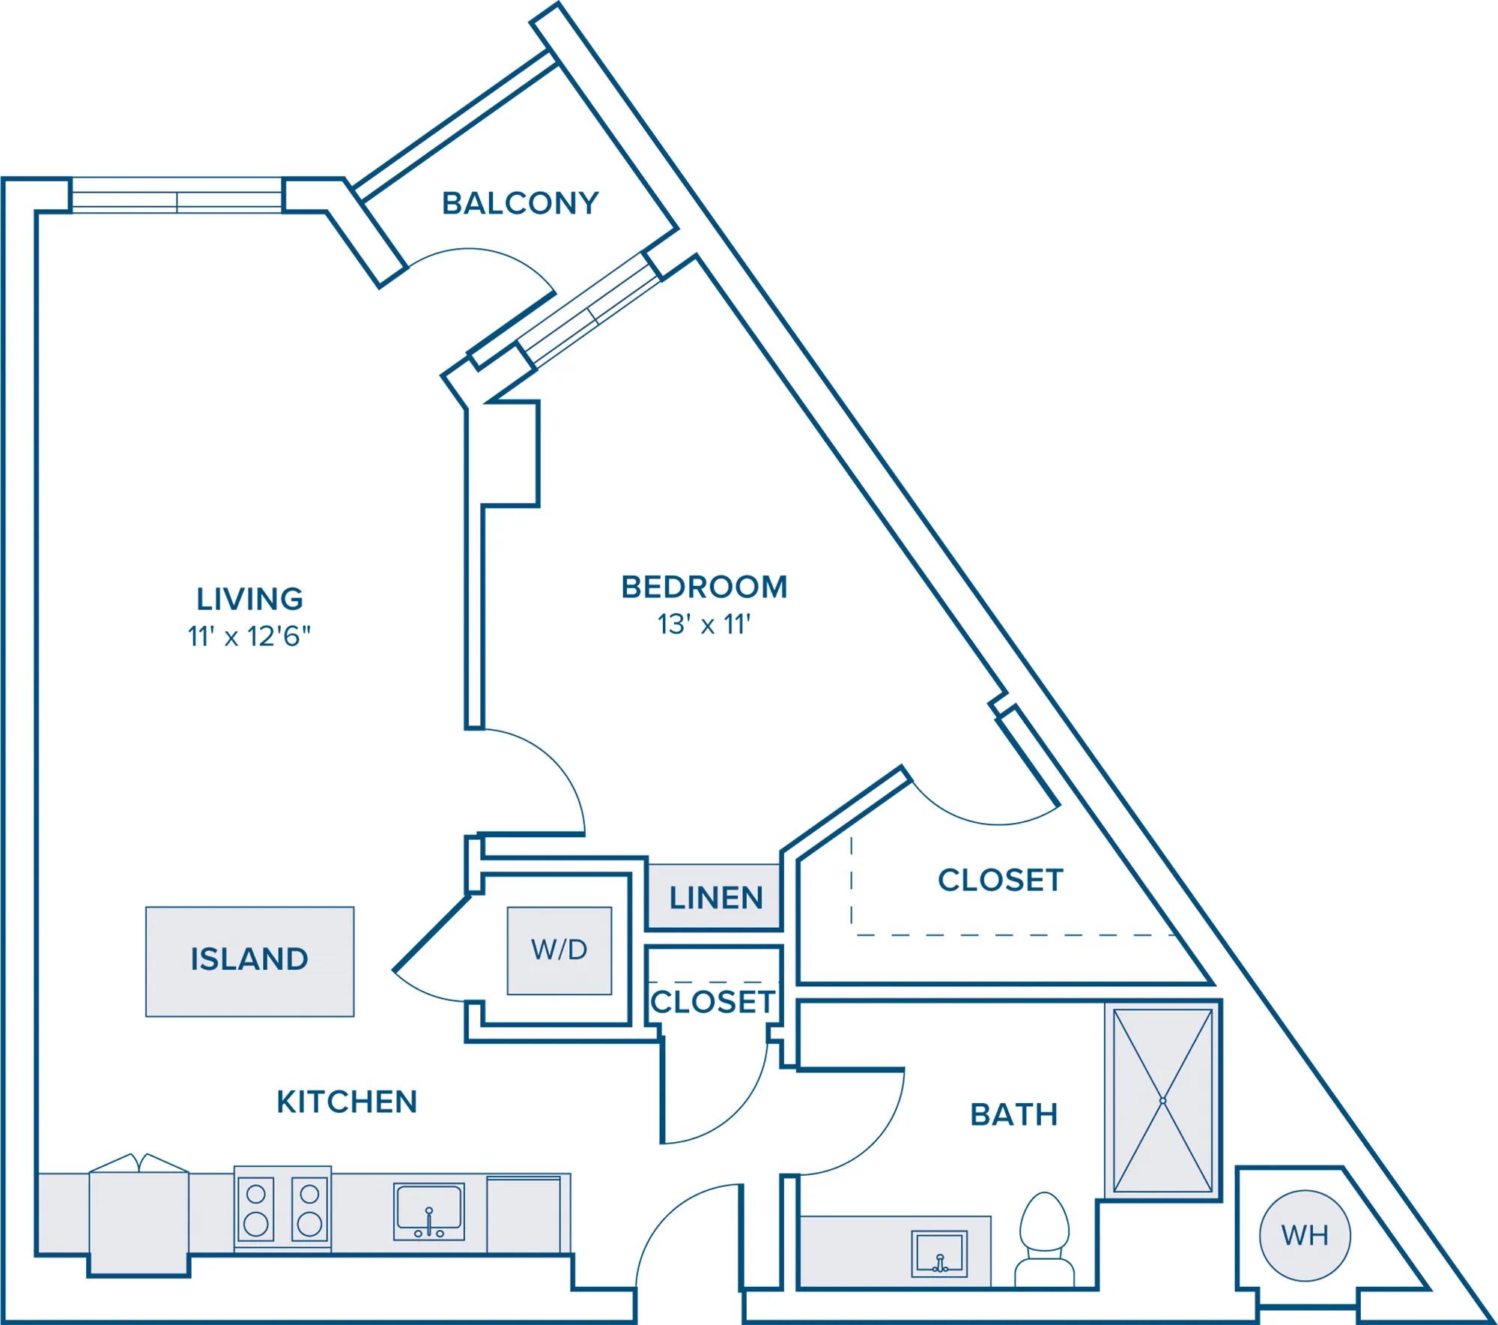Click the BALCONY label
(520, 203)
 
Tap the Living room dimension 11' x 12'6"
(249, 636)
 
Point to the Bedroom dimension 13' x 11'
(704, 624)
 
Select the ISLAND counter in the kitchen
(249, 962)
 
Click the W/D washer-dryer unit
(560, 951)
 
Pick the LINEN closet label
(716, 898)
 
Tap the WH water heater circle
(1305, 1235)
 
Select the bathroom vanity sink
(939, 1254)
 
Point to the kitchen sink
(429, 1211)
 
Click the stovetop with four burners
(282, 1208)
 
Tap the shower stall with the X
(1162, 1100)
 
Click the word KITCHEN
(347, 1102)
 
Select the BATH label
(1014, 1115)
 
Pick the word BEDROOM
(704, 587)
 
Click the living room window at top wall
(177, 196)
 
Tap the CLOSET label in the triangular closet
(1001, 881)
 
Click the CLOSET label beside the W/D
(712, 1002)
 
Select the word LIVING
(249, 600)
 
